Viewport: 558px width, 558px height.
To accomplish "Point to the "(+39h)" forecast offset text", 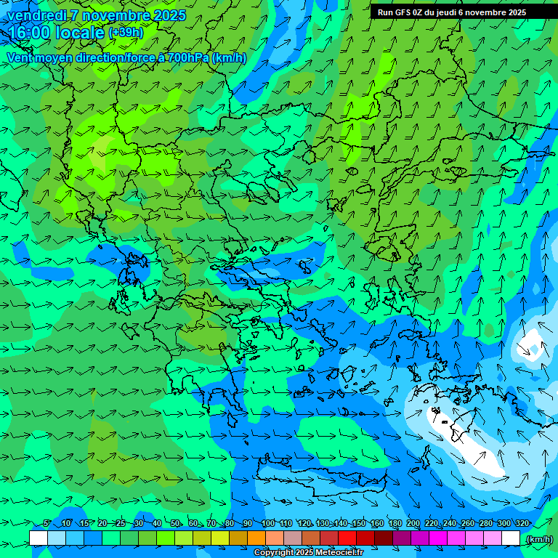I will tap(126, 33).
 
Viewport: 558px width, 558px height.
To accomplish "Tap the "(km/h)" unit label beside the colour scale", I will tap(538, 539).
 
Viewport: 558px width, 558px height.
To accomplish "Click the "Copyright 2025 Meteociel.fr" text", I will tap(308, 553).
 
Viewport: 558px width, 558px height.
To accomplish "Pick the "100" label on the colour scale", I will tap(268, 524).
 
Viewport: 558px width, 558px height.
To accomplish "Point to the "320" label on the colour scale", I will tap(521, 524).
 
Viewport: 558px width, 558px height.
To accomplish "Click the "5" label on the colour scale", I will tap(47, 524).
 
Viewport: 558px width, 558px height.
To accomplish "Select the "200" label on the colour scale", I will tap(413, 524).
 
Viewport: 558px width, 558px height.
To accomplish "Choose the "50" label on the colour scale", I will tap(176, 524).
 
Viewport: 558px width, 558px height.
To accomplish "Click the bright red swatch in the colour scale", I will tap(347, 538).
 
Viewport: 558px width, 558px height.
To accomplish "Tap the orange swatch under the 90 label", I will tap(256, 538).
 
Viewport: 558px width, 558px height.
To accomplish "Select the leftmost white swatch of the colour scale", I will tap(39, 538).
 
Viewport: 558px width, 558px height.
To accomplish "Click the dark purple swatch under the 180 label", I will tap(402, 538).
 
